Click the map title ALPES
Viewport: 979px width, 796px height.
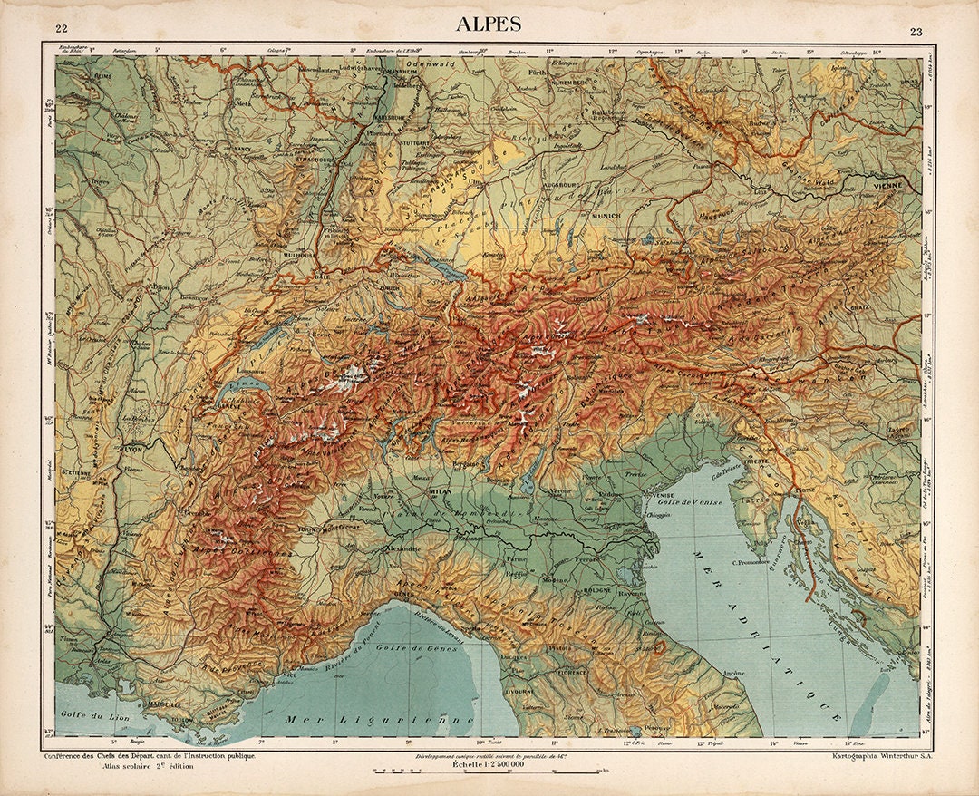click(489, 24)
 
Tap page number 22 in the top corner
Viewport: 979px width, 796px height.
click(61, 32)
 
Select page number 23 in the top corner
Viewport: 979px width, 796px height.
click(916, 32)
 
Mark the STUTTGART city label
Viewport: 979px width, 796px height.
click(435, 142)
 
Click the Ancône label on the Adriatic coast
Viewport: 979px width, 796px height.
click(733, 673)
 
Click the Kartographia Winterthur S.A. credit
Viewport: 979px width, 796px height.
click(877, 755)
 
